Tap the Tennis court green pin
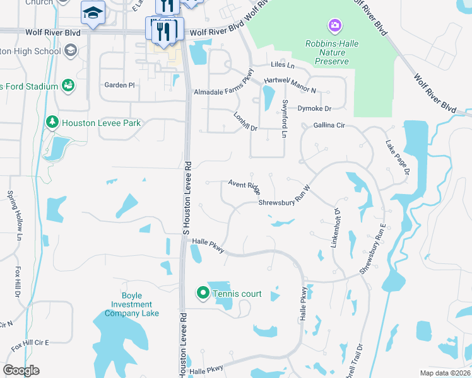click(203, 293)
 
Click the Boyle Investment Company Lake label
click(133, 304)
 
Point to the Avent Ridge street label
click(244, 186)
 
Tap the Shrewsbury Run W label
click(285, 199)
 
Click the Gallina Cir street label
click(329, 125)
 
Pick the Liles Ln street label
click(282, 65)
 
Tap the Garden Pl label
click(120, 84)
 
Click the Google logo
click(21, 370)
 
